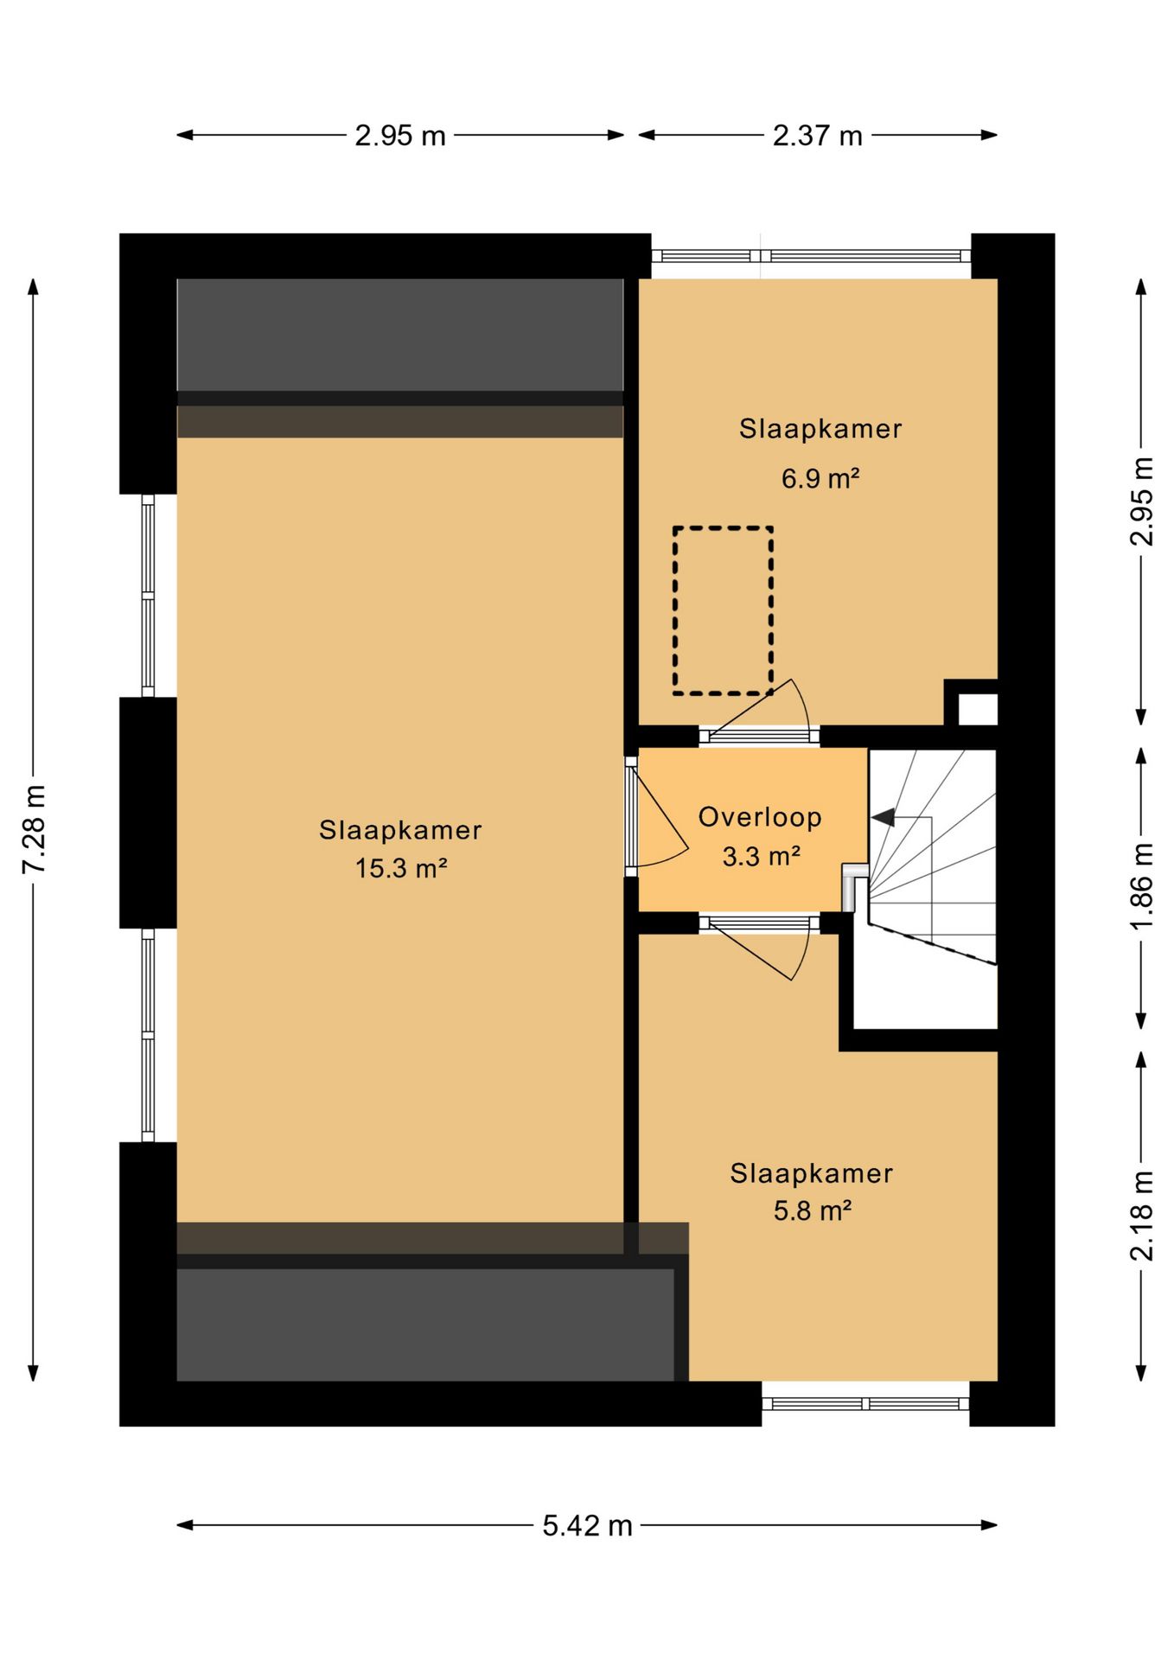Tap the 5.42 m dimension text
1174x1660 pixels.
pos(588,1526)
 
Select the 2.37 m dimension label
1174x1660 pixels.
pos(818,136)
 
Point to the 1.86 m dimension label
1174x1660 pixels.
pos(1142,887)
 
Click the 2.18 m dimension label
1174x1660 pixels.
pos(1142,1216)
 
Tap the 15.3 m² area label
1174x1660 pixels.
pos(400,867)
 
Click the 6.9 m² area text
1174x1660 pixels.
pos(820,477)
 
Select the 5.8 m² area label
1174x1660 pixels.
pos(813,1210)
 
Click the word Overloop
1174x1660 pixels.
pos(760,817)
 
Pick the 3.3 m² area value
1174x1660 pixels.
pos(761,856)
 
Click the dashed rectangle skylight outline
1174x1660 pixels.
pos(674,610)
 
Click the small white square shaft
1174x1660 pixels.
pos(978,710)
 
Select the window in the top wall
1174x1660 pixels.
pos(811,256)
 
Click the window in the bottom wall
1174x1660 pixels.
pos(865,1403)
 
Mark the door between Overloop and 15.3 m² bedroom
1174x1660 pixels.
pos(657,817)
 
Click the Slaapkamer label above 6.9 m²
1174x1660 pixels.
pos(820,429)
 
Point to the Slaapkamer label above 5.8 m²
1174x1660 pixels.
pos(812,1173)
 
